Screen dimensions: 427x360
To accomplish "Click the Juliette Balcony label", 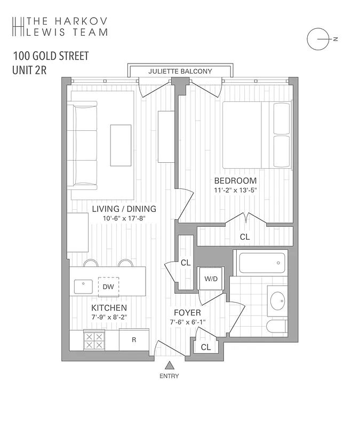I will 180,71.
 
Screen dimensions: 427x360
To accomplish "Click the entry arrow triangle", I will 169,366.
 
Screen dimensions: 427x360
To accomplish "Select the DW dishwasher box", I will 108,287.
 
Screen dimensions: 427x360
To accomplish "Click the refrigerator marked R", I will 134,340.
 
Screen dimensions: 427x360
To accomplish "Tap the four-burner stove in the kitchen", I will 94,341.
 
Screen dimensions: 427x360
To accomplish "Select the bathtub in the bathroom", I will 261,263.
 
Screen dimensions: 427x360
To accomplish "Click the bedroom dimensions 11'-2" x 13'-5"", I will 235,189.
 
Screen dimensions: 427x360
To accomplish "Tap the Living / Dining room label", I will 124,209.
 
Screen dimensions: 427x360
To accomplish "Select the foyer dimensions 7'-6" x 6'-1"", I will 187,321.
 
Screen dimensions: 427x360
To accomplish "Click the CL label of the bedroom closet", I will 244,236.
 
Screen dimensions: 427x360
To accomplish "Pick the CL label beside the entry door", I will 206,347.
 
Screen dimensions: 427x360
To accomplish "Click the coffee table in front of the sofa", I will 121,145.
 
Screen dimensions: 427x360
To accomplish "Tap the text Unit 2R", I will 28,69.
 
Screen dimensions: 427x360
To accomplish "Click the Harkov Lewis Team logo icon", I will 18,26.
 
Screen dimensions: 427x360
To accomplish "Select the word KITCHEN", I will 109,308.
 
